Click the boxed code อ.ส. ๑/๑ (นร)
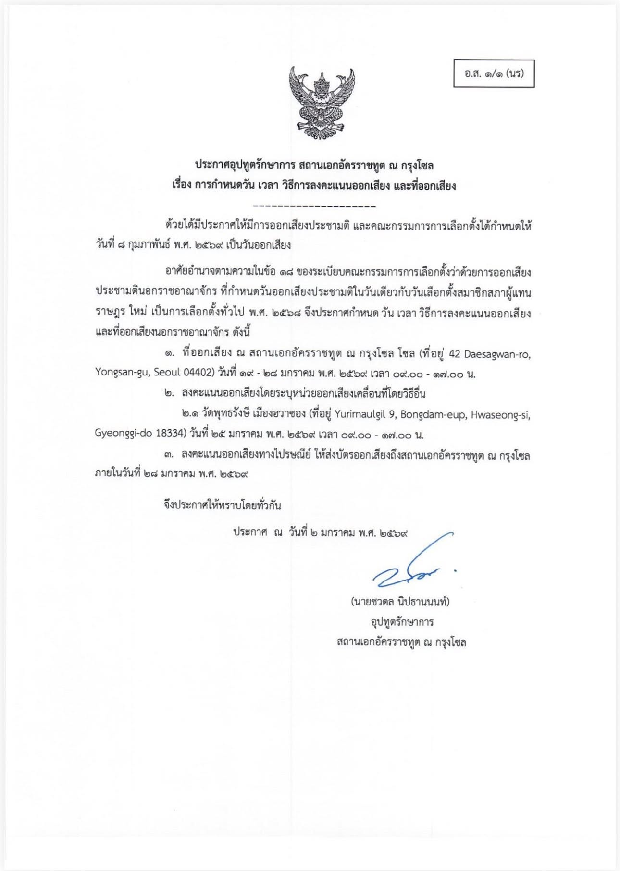[494, 74]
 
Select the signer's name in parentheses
[400, 602]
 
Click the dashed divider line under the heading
[314, 207]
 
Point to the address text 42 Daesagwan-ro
[489, 355]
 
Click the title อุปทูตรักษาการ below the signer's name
[401, 622]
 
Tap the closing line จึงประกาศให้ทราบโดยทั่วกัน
[222, 505]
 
